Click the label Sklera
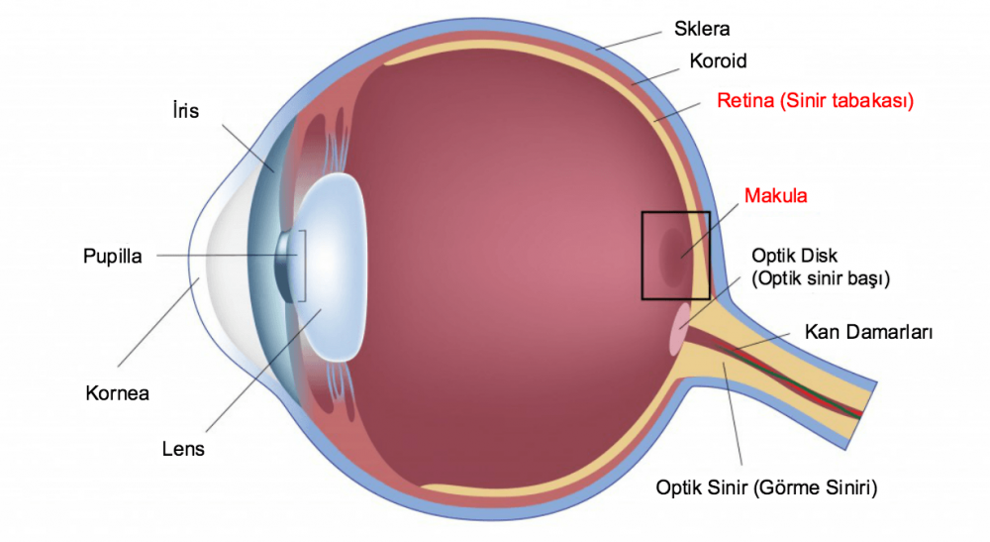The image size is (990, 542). tap(702, 29)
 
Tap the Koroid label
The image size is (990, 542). tap(718, 61)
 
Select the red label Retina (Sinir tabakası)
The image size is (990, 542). tap(815, 101)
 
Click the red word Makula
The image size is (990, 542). tap(775, 196)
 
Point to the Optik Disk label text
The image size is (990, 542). tap(794, 256)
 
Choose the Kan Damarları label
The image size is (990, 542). tap(868, 332)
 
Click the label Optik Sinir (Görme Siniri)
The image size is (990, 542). tap(766, 488)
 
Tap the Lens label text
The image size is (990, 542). tap(183, 449)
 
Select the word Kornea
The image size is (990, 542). tap(118, 393)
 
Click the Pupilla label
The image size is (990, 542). tap(113, 257)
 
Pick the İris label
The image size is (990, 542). tap(186, 111)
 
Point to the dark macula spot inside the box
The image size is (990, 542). tap(674, 256)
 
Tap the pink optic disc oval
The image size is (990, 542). tap(679, 329)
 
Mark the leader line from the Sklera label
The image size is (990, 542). tap(629, 40)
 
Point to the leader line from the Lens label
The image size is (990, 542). tap(264, 370)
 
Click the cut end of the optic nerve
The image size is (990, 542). tap(861, 415)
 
